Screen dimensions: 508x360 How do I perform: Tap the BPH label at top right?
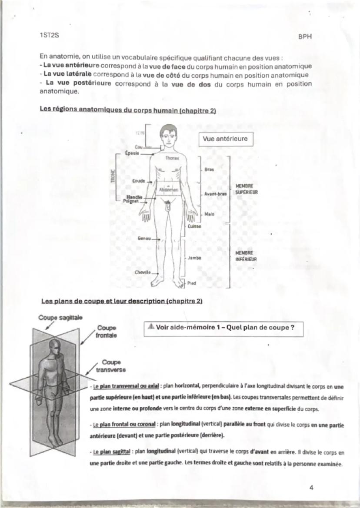click(x=305, y=37)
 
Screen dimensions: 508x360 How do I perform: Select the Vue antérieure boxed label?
click(x=225, y=139)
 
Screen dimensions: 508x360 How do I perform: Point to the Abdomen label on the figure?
click(x=168, y=190)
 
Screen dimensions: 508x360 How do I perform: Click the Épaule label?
click(x=132, y=153)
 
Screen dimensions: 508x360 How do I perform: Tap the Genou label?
click(x=144, y=238)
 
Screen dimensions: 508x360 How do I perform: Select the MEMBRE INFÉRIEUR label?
click(x=246, y=256)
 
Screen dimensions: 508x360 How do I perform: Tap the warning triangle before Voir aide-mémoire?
click(x=150, y=327)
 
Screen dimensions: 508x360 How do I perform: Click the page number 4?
click(x=311, y=487)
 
